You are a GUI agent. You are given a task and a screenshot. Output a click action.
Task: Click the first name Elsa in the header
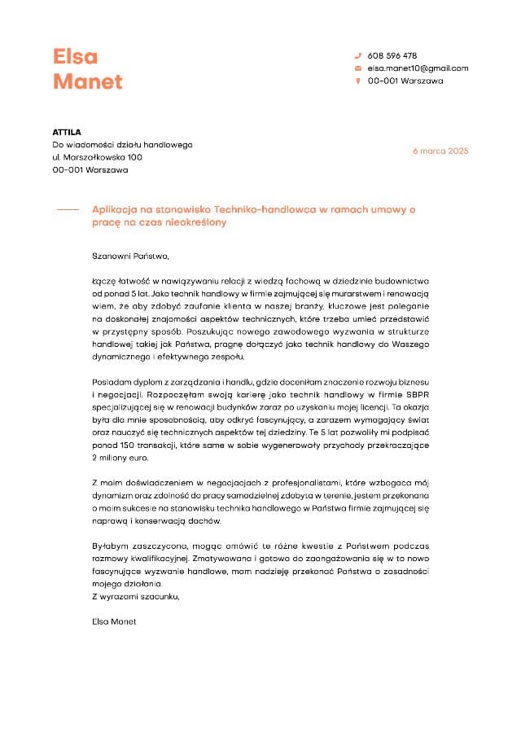(x=75, y=56)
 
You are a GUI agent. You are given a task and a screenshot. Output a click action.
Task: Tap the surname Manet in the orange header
(x=87, y=81)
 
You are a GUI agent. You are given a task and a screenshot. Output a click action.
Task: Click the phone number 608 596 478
(x=392, y=55)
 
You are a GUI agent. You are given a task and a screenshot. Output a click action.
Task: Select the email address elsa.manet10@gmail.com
(x=418, y=68)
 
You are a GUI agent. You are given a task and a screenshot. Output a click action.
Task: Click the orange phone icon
(x=357, y=55)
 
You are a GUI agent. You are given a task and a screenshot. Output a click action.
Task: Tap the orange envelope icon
(x=357, y=68)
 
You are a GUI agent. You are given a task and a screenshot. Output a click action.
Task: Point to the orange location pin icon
(x=357, y=81)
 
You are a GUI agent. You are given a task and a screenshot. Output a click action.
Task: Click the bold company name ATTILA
(x=67, y=132)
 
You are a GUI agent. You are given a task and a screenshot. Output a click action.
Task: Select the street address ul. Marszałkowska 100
(x=98, y=157)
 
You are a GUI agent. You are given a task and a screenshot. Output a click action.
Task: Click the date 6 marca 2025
(x=440, y=151)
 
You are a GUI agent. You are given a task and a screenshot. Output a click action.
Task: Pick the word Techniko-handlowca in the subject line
(x=264, y=209)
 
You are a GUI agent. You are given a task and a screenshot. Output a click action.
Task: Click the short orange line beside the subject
(x=67, y=209)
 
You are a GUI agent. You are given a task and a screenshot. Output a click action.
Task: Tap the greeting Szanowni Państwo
(x=130, y=256)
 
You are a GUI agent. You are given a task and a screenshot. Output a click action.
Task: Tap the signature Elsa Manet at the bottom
(x=115, y=621)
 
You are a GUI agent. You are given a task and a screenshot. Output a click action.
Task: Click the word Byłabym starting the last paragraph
(x=109, y=546)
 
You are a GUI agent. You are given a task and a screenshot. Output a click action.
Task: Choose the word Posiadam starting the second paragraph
(x=112, y=381)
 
